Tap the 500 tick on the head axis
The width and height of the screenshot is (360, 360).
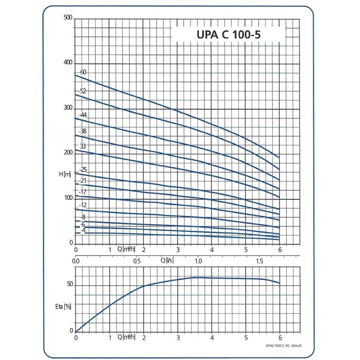68,18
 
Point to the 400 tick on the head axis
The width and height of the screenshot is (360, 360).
68,63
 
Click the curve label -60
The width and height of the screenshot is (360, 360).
82,72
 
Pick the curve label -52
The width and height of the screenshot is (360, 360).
82,91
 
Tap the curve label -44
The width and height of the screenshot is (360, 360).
82,115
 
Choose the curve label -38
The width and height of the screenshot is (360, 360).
82,131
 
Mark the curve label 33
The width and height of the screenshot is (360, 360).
83,147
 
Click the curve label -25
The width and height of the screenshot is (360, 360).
82,170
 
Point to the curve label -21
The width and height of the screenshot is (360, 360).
82,181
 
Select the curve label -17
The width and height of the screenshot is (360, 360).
82,192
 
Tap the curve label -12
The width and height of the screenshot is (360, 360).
82,205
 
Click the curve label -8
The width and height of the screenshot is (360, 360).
82,217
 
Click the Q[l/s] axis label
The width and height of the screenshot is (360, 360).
167,260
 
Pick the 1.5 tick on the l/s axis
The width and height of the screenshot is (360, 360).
260,261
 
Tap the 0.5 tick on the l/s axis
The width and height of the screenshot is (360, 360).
137,261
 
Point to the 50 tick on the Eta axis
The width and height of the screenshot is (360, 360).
69,285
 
